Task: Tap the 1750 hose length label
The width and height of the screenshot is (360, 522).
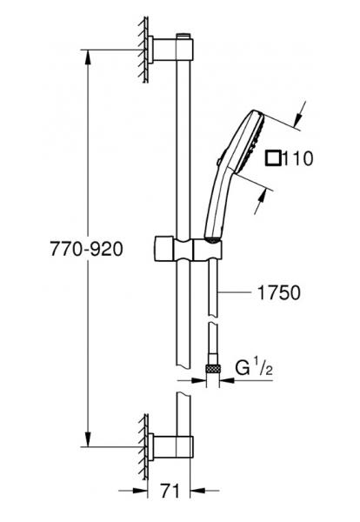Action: (279, 293)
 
